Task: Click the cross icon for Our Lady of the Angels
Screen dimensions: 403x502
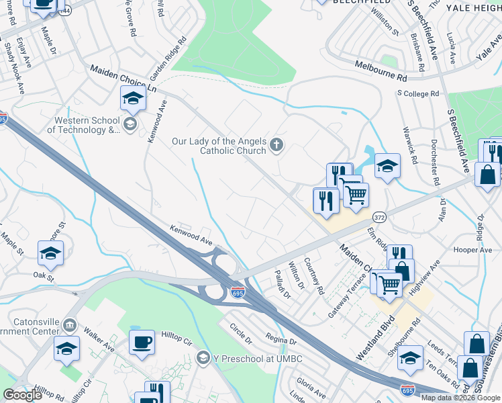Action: coord(276,144)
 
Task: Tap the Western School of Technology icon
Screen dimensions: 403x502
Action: coord(130,124)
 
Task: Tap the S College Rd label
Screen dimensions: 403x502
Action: coord(417,94)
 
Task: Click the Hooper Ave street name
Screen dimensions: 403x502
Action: coord(473,250)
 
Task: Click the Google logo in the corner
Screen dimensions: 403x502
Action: coord(22,394)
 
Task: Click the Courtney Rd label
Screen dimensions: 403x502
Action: coord(313,276)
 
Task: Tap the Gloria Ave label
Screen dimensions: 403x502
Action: coord(311,388)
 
